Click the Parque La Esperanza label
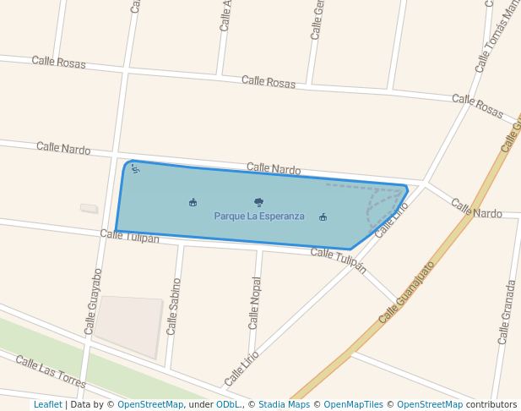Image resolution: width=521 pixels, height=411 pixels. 258,216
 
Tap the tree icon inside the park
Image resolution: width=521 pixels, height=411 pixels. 258,202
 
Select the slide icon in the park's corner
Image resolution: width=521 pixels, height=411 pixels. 135,168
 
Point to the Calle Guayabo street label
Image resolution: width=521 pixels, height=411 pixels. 93,301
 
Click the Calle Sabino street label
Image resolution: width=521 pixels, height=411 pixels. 173,306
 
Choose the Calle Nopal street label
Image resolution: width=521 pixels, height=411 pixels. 254,303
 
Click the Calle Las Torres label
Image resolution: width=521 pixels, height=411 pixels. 51,372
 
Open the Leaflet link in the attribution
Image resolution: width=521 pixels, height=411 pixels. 48,404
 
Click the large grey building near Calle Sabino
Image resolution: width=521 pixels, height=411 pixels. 128,325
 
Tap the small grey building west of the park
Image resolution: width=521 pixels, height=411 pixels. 89,208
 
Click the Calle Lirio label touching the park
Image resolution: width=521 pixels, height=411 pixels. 392,220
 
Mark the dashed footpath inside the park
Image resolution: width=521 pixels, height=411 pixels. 372,203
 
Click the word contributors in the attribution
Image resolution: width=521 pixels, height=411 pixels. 491,404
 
